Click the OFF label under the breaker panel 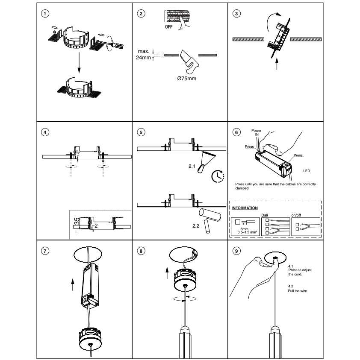pos(169,27)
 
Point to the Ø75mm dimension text pos(186,79)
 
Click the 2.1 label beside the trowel pos(192,164)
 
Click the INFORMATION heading pos(244,208)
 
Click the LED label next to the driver pos(307,170)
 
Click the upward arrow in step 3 pos(277,64)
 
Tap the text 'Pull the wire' pos(298,290)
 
